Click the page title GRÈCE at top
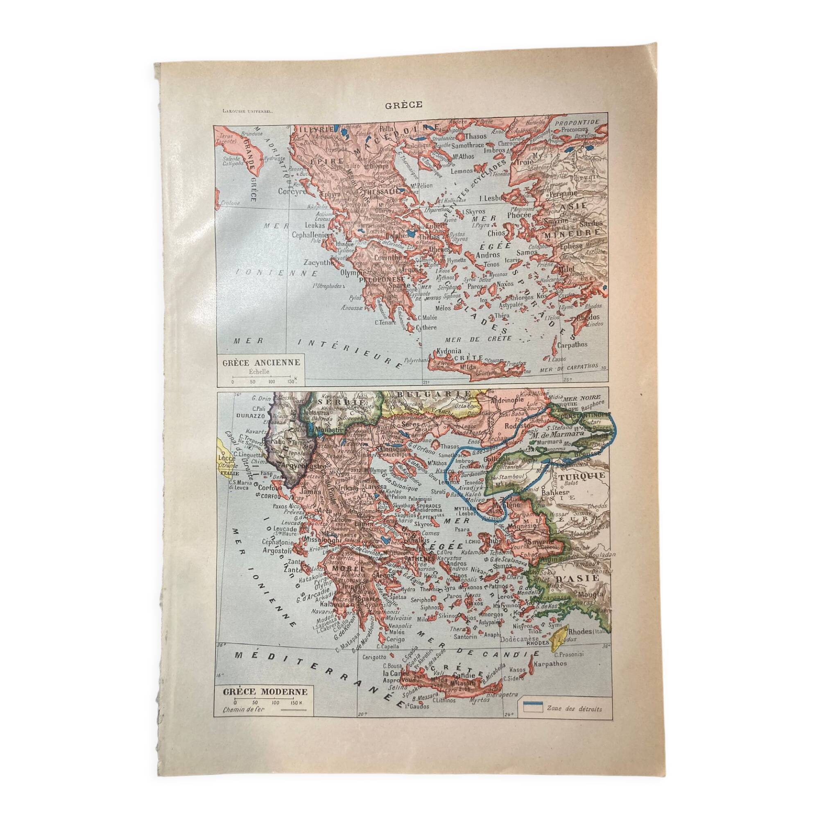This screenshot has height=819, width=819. click(x=404, y=105)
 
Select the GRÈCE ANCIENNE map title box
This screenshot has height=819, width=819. click(x=262, y=362)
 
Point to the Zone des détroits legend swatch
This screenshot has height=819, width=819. click(x=532, y=708)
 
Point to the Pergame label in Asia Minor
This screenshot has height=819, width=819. click(x=563, y=193)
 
